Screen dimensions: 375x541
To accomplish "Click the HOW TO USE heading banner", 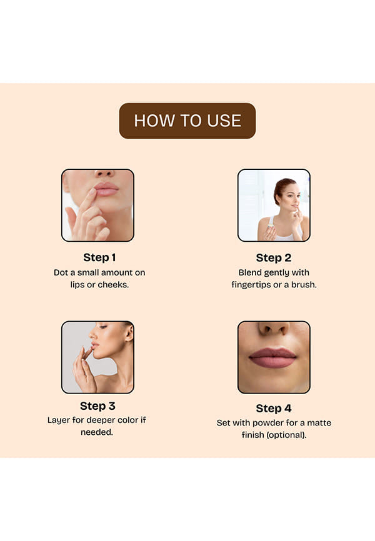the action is click(187, 121).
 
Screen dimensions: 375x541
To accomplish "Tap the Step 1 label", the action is click(99, 257).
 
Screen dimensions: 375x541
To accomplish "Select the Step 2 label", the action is click(274, 258).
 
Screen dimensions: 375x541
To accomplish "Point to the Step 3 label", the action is click(97, 406).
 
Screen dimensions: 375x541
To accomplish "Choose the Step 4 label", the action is click(274, 409).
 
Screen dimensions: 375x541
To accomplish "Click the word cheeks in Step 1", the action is click(113, 285).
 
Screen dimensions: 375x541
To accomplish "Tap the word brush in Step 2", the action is click(304, 285).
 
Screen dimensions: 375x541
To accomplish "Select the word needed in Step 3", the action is click(97, 432).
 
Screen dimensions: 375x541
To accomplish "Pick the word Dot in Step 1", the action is click(60, 272).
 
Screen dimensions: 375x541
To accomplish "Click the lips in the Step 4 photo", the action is click(272, 357).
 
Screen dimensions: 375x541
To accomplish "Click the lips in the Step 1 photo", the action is click(106, 189).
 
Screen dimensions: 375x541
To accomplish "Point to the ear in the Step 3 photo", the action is click(129, 332).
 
